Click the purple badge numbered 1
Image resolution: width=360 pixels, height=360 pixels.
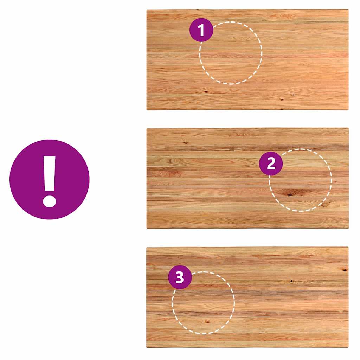click(201, 30)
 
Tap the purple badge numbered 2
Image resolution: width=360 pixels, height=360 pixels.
click(271, 163)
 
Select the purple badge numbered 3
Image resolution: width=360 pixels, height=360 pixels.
click(180, 277)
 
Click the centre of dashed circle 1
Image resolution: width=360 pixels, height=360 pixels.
click(231, 53)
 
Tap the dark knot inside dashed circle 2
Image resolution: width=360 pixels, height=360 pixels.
click(290, 194)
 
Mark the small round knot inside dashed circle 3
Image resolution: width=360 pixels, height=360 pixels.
click(207, 322)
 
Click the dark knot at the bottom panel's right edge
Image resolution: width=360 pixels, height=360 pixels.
click(345, 270)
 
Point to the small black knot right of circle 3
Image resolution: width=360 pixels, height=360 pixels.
click(291, 281)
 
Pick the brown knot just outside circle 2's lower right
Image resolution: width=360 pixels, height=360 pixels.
click(325, 204)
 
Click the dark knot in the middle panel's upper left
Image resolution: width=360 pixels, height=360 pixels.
click(185, 143)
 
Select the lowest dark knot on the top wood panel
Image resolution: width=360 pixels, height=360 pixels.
click(281, 99)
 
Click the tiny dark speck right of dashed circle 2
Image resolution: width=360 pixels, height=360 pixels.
click(335, 182)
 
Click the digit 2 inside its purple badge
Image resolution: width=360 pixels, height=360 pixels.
click(271, 163)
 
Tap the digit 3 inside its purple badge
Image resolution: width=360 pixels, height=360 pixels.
click(180, 277)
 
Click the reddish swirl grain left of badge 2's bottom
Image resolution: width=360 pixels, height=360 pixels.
click(171, 174)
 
